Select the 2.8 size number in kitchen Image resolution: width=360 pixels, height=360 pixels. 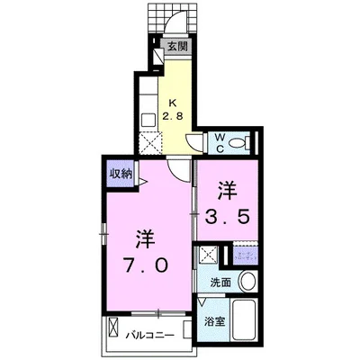click(173, 115)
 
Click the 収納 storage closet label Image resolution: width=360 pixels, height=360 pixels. click(121, 173)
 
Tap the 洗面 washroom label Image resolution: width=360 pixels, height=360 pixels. click(220, 282)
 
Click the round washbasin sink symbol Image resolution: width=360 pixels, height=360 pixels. click(248, 281)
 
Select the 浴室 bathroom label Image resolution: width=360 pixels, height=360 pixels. click(214, 321)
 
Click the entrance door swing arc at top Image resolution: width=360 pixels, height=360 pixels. click(159, 20)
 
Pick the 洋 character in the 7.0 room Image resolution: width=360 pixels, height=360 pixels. click(143, 238)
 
